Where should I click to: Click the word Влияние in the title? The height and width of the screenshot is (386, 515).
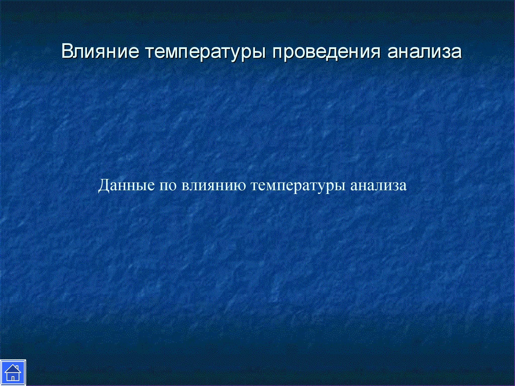click(x=100, y=52)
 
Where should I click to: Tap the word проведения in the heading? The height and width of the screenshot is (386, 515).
click(x=326, y=53)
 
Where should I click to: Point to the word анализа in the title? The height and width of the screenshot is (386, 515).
click(x=424, y=52)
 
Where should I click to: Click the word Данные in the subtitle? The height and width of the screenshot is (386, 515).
click(x=126, y=185)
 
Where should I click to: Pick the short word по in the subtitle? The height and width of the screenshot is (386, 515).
click(x=168, y=186)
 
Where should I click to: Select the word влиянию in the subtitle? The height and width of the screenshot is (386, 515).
click(x=213, y=186)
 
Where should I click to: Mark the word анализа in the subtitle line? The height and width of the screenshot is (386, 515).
click(x=378, y=186)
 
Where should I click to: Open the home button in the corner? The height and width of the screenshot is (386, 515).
click(x=13, y=372)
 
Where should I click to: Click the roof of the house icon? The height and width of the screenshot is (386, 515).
click(x=13, y=369)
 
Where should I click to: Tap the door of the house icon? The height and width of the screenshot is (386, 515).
click(x=13, y=378)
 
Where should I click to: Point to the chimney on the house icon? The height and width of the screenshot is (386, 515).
click(x=17, y=367)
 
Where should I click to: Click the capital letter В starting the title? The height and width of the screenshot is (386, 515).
click(x=67, y=52)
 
